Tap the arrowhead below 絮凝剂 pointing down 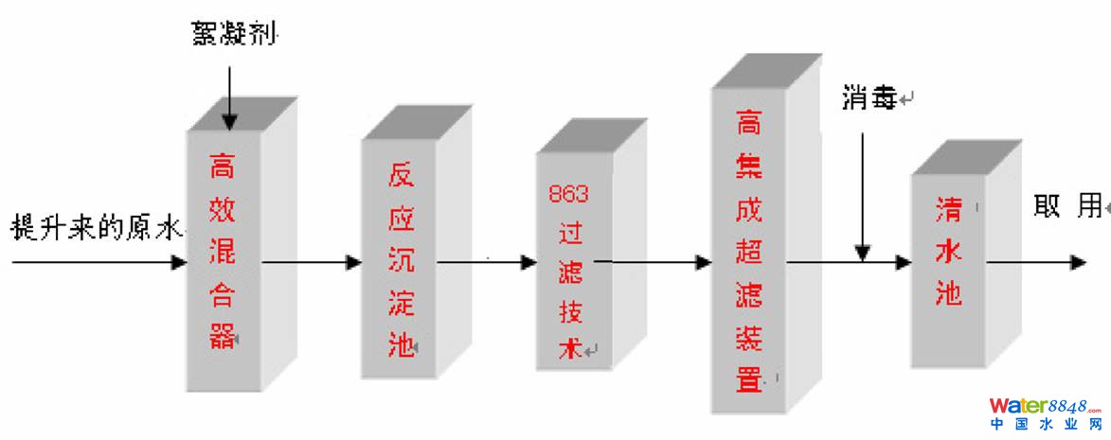point(229,120)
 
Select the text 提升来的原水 point(95,229)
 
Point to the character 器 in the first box point(223,336)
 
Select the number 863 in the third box point(568,194)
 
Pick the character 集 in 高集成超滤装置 point(749,167)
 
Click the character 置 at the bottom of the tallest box point(749,380)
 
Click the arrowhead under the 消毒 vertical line point(862,254)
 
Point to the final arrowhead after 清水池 point(1078,262)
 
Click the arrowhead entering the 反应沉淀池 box point(354,262)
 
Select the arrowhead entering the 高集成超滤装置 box point(704,262)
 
